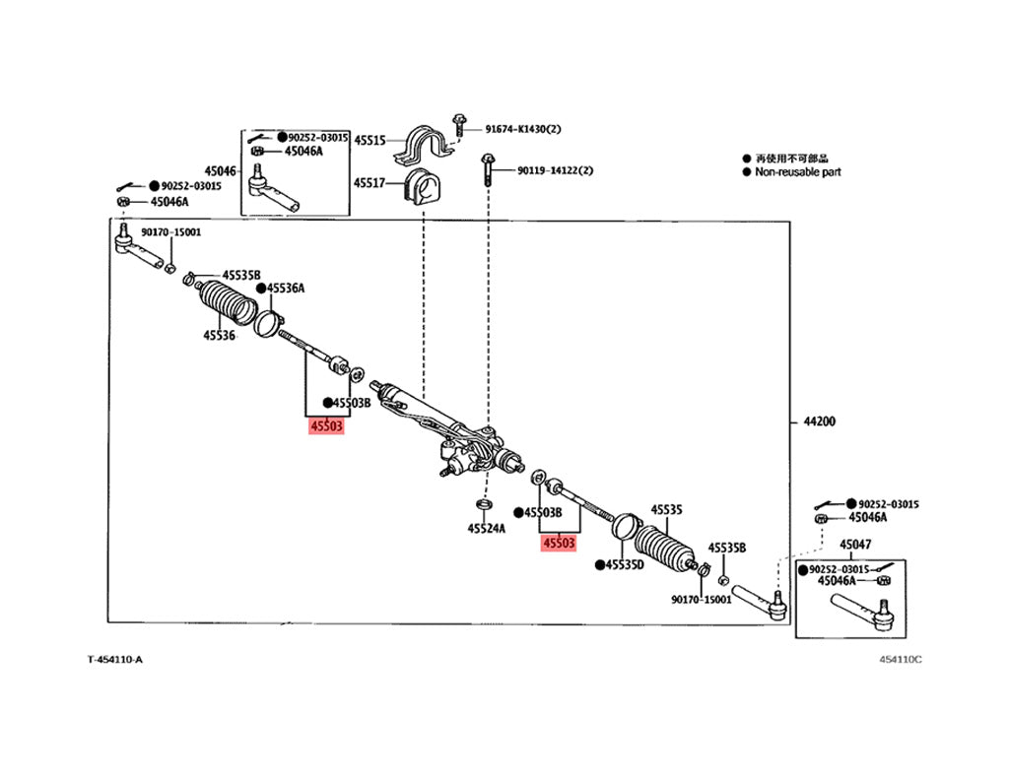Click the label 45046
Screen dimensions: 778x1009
tap(221, 170)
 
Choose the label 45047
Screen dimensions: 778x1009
tap(855, 545)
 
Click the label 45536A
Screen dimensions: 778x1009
tap(287, 288)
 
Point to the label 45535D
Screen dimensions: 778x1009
tap(625, 564)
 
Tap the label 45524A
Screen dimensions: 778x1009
tap(486, 528)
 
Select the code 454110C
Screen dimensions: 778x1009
tap(902, 659)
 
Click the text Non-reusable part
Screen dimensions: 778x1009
tap(798, 171)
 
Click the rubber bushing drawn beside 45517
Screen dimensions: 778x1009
tap(423, 186)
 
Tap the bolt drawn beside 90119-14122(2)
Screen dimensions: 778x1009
tap(488, 169)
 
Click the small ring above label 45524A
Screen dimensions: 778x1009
tap(484, 505)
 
